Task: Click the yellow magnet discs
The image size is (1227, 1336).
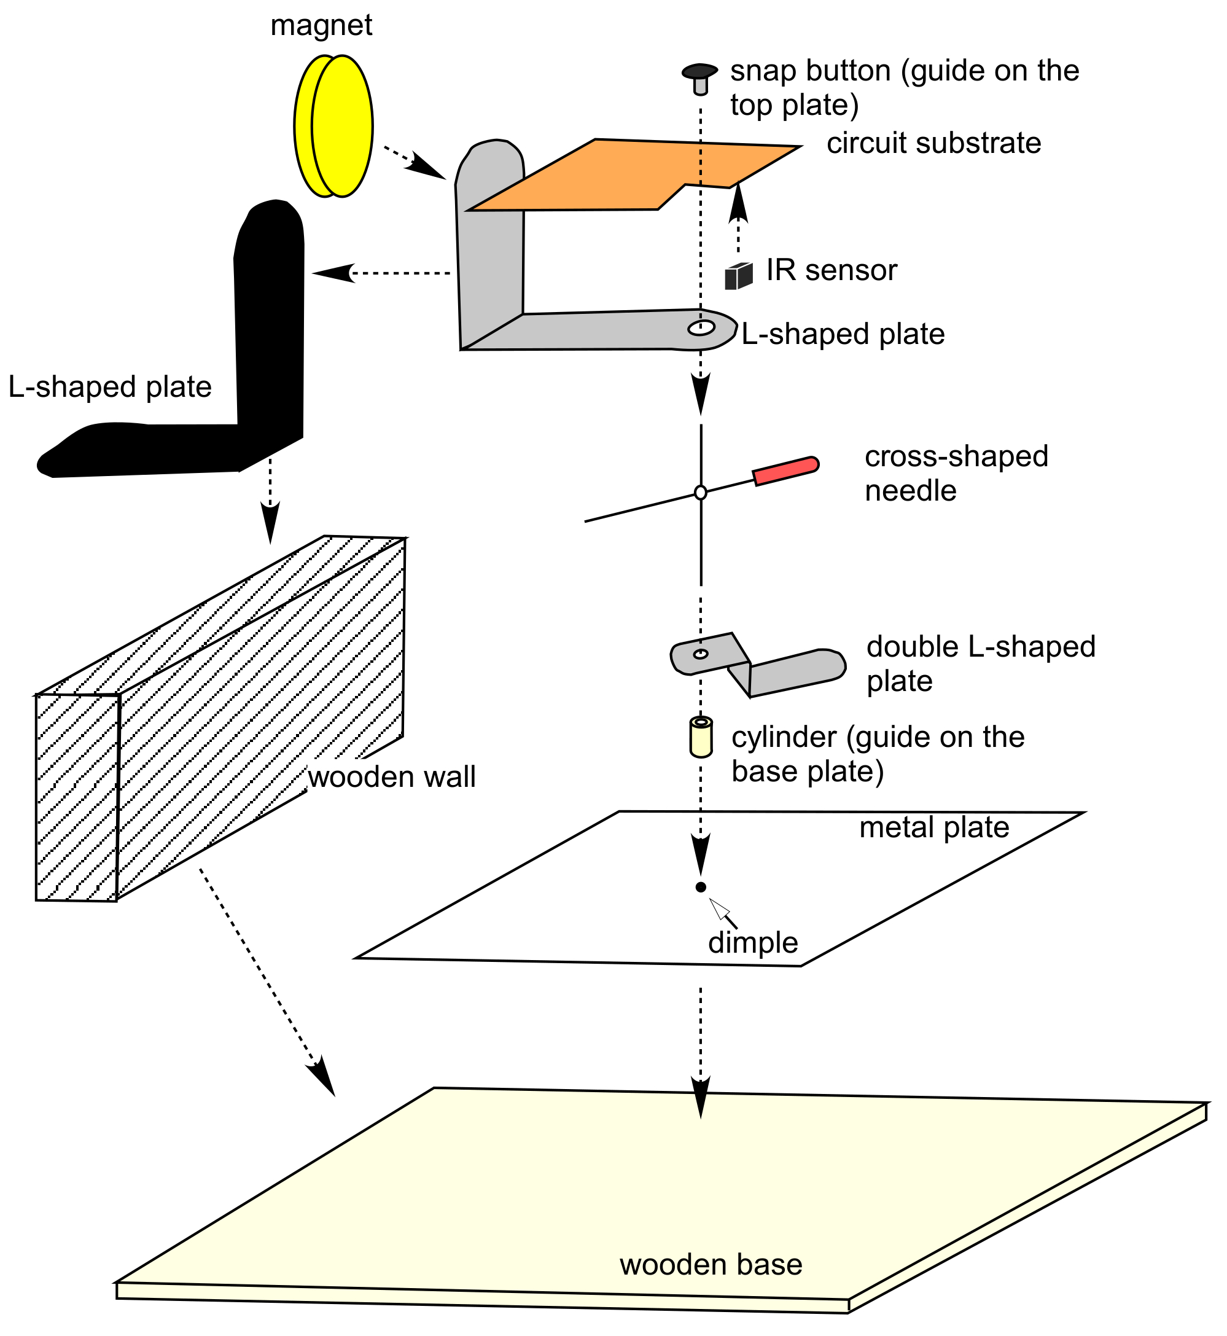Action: click(333, 126)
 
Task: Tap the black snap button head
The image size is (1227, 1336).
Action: click(700, 71)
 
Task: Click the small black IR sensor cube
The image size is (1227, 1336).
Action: click(738, 276)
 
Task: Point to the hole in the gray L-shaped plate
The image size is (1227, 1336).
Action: click(701, 328)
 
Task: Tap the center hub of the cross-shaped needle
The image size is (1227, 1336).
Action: click(701, 493)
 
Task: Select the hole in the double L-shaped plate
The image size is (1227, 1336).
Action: click(701, 654)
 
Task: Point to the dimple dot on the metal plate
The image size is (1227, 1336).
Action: click(701, 887)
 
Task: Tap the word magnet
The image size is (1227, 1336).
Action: click(321, 25)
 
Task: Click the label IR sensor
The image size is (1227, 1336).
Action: click(832, 270)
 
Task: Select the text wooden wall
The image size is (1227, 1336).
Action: click(392, 777)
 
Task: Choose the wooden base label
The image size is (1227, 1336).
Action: click(711, 1265)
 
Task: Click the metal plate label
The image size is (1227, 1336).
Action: click(934, 827)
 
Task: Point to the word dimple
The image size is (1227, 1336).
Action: click(753, 943)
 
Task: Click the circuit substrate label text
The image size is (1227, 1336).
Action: click(933, 143)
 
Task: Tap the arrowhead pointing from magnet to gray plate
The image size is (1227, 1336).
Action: click(426, 168)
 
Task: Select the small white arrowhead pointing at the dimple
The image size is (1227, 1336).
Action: click(719, 908)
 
